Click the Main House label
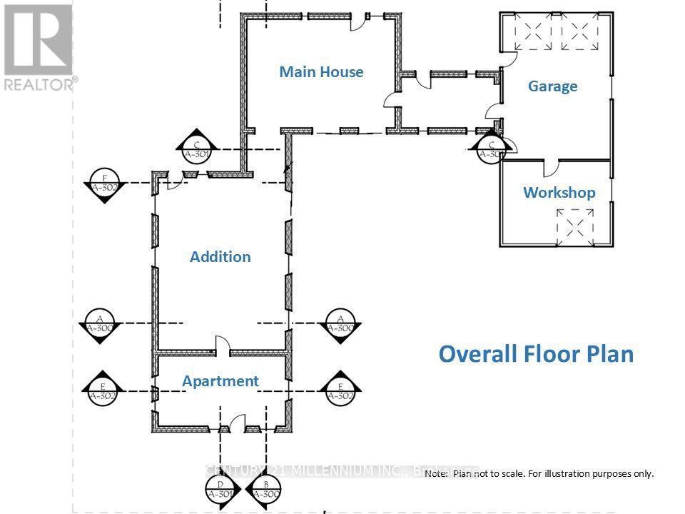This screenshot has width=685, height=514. [x=321, y=71]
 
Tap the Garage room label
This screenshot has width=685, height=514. [x=552, y=86]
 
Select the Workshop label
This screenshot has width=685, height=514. [x=559, y=193]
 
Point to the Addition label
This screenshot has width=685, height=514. [x=220, y=257]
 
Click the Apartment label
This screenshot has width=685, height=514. [x=220, y=381]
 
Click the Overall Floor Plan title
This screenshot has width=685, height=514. [x=535, y=354]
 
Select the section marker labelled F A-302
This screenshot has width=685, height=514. [x=105, y=186]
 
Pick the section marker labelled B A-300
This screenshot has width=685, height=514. [x=264, y=489]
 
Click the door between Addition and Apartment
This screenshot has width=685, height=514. [x=223, y=348]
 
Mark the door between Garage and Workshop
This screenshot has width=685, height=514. [x=553, y=169]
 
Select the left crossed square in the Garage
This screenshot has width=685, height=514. [x=531, y=34]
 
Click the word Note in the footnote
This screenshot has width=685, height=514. [x=436, y=474]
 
